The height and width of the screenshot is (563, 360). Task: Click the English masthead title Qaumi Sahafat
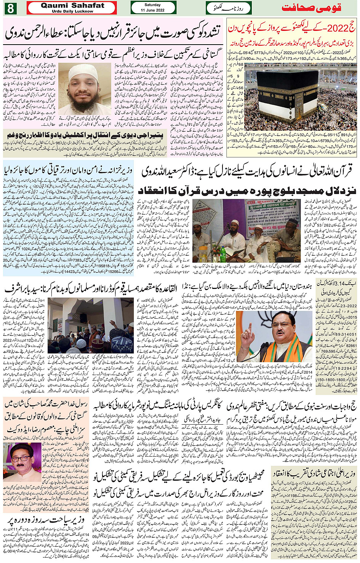(72, 5)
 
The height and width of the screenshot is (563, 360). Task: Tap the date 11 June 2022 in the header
(152, 10)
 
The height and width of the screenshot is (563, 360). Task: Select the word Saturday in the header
(152, 5)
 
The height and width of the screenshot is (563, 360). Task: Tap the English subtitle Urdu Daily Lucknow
(72, 11)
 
